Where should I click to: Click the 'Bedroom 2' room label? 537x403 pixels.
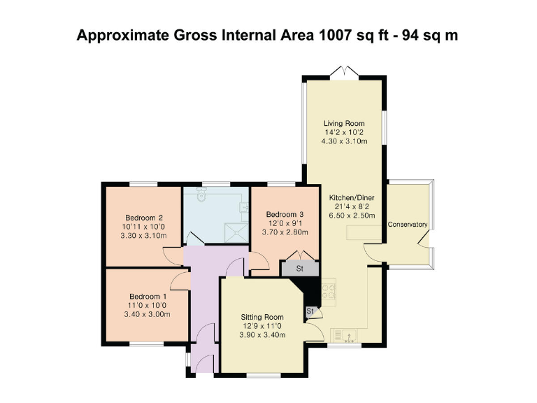pyautogui.click(x=145, y=217)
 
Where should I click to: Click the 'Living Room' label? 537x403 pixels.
pyautogui.click(x=343, y=123)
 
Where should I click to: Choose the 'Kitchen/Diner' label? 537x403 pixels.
pyautogui.click(x=352, y=198)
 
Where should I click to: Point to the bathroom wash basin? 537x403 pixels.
pyautogui.click(x=245, y=207)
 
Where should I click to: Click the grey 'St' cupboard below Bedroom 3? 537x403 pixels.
pyautogui.click(x=299, y=268)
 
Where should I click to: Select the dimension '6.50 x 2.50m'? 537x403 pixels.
pyautogui.click(x=352, y=217)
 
